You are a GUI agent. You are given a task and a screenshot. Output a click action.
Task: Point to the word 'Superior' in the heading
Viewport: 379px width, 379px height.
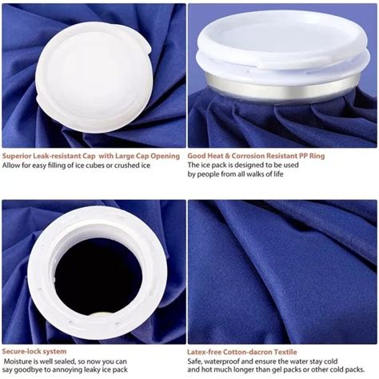pyautogui.click(x=20, y=154)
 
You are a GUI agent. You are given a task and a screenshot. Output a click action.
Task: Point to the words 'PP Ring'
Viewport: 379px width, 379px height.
pyautogui.click(x=317, y=154)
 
